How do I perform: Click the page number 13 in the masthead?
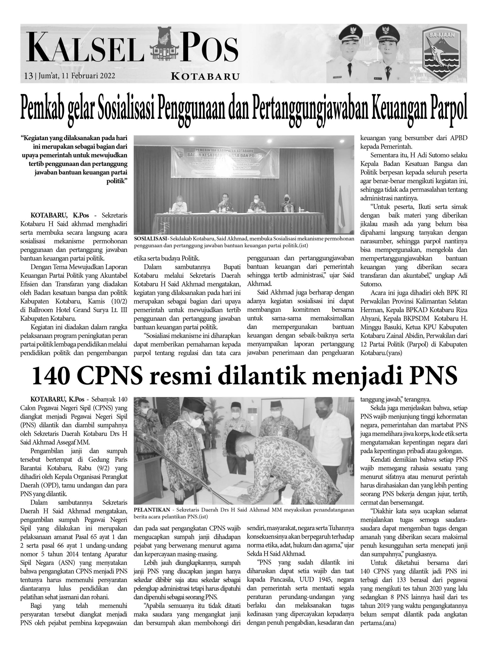pos(28,76)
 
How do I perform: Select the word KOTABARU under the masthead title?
pos(205,77)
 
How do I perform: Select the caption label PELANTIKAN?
pos(152,510)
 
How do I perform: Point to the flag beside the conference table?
pos(341,206)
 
